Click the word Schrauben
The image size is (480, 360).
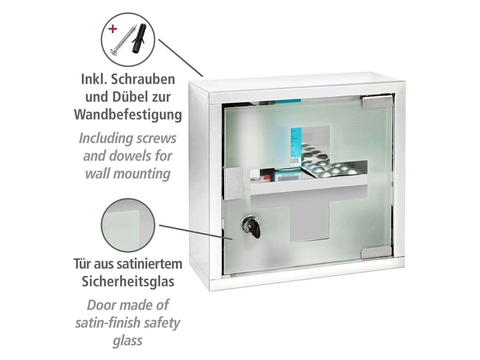143,79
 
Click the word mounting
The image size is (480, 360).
141,174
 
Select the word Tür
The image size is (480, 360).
82,264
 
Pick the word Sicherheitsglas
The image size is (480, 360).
128,282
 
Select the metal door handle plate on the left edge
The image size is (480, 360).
233,184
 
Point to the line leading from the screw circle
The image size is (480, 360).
180,58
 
